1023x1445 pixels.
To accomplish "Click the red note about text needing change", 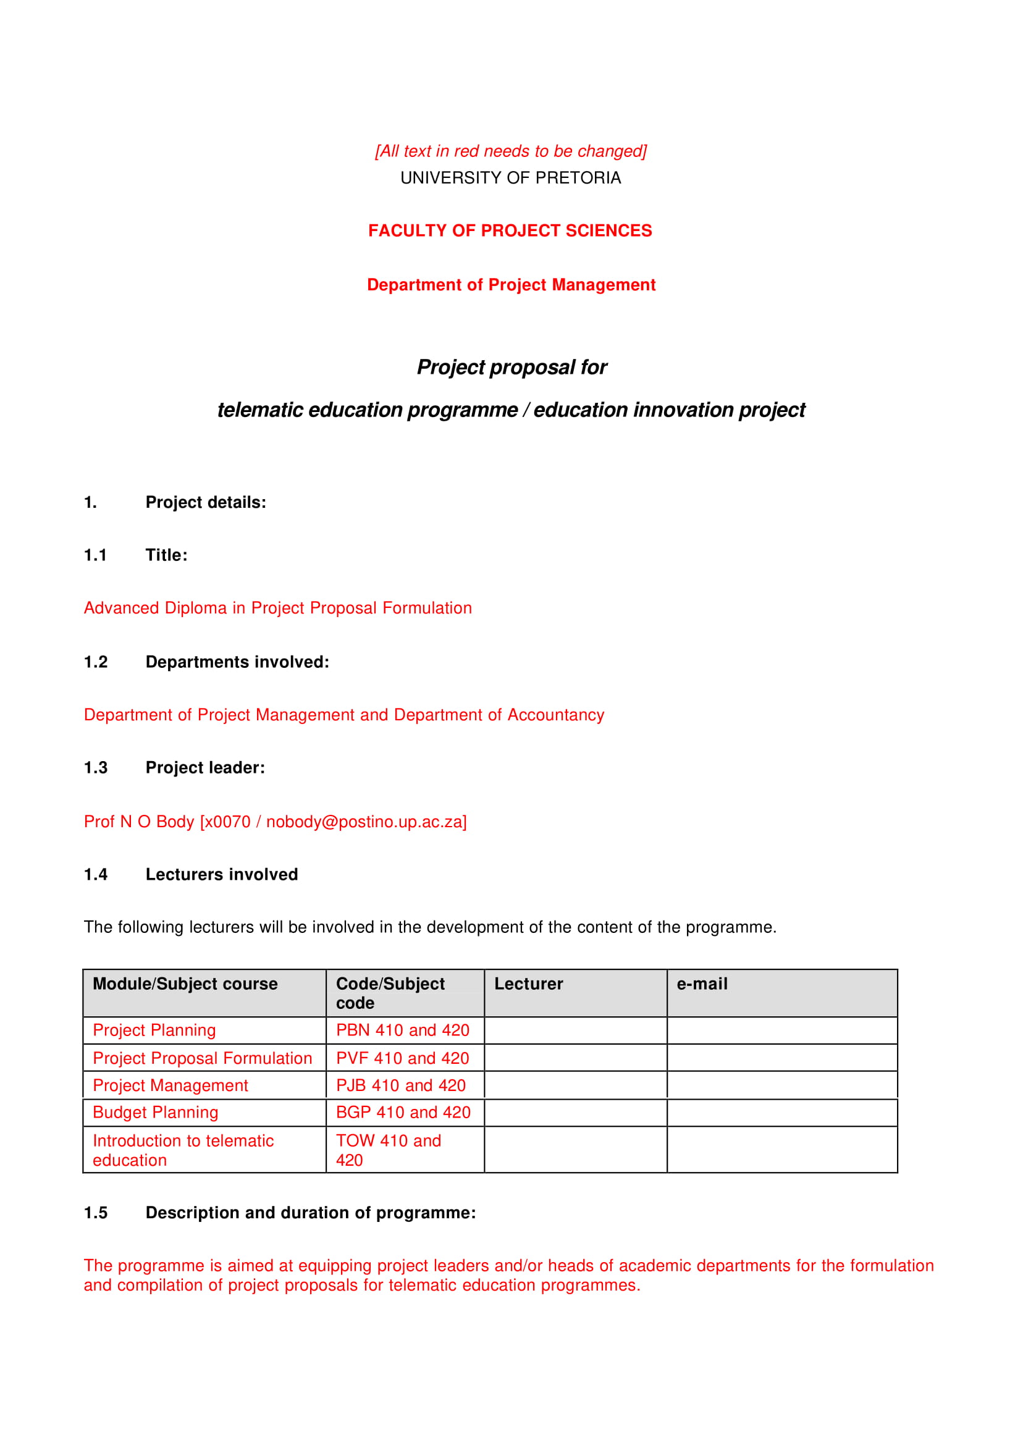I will click(x=510, y=151).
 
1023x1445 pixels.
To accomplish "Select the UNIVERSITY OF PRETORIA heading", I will click(x=510, y=179).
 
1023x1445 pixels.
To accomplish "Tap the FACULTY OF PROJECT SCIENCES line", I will click(x=510, y=230).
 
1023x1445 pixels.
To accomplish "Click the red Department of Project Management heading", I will click(x=511, y=285).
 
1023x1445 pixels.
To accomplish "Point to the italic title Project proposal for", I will click(x=511, y=367).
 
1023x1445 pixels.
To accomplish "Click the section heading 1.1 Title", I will click(x=135, y=555).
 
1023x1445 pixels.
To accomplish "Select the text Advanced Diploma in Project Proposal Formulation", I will click(x=278, y=608).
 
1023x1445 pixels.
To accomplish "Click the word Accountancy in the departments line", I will click(x=555, y=715).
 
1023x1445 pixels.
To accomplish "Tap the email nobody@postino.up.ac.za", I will click(x=366, y=822).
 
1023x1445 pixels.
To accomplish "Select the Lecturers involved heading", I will click(x=221, y=874).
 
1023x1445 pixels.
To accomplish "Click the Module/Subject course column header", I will click(x=185, y=984).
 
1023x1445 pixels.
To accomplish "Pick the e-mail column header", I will click(x=702, y=984).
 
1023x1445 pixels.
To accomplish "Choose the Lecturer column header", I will click(x=529, y=984).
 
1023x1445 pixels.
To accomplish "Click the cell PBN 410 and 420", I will click(x=403, y=1030).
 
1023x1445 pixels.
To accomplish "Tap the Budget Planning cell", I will click(x=156, y=1113).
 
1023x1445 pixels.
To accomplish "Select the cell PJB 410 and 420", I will click(x=401, y=1086).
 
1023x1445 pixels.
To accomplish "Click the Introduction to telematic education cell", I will click(x=183, y=1150).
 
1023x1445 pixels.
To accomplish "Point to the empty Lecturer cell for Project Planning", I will click(x=575, y=1030).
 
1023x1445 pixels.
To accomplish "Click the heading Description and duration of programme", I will click(x=311, y=1213).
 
